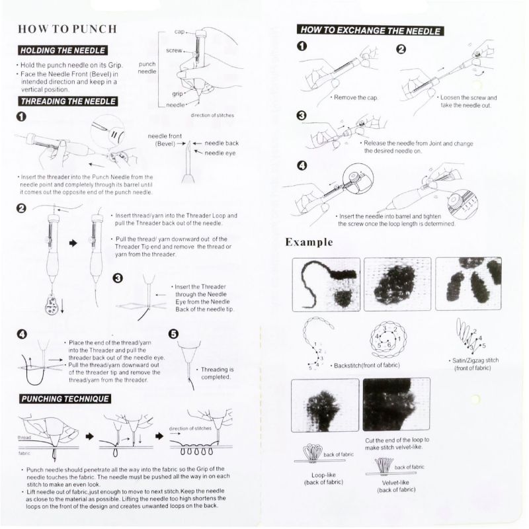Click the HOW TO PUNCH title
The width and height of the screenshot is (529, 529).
67,29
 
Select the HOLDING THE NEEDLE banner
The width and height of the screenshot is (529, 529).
62,50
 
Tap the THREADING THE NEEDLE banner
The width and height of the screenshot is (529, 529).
69,101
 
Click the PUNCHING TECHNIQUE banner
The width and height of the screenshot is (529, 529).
65,399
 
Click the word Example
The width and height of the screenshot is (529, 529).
309,242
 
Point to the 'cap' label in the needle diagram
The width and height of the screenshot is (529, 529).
179,32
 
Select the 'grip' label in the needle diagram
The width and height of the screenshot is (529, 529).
177,94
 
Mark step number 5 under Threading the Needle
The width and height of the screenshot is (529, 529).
174,335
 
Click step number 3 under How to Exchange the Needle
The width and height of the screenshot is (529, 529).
302,116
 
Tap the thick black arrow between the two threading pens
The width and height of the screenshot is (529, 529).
73,243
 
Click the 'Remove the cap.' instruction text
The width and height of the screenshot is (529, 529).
355,97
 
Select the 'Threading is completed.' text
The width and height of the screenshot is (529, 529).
217,374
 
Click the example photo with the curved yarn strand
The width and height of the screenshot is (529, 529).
325,284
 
